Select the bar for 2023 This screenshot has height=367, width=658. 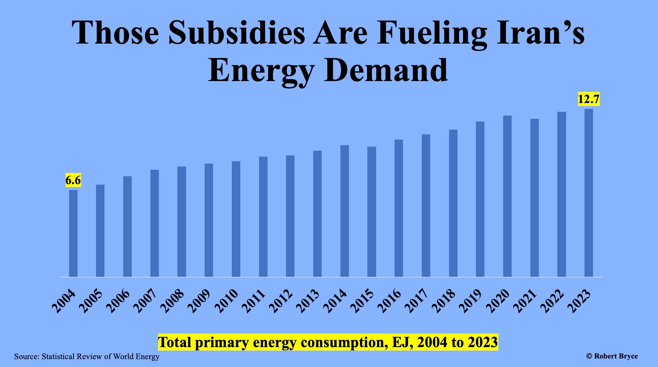pos(589,193)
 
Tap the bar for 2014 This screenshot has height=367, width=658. pos(345,211)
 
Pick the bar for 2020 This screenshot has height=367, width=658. pos(507,196)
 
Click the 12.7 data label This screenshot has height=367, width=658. pos(589,99)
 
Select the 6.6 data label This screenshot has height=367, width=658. pos(73,180)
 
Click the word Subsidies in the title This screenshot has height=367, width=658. pos(237,33)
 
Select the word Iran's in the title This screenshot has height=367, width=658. pos(540,33)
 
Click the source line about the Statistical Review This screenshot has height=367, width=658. pos(87,356)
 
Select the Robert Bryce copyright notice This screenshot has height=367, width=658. pos(612,356)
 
